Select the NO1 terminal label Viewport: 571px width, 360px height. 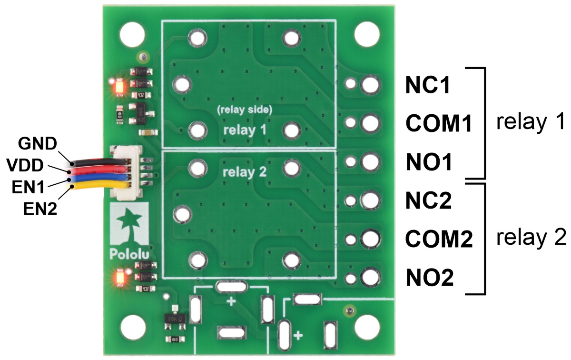(428, 162)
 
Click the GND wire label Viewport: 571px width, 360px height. (38, 143)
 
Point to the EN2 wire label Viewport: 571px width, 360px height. (40, 208)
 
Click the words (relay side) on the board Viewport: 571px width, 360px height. (244, 110)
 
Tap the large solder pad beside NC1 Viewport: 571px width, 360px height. (369, 85)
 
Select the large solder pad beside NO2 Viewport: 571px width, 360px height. (369, 277)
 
